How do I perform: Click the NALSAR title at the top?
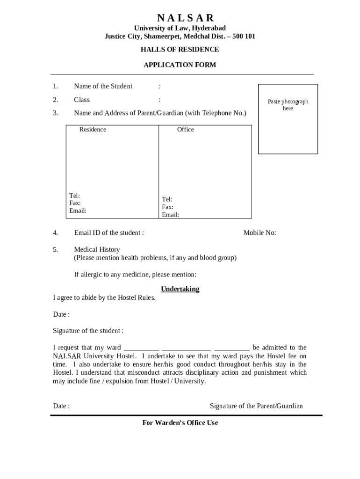click(x=186, y=18)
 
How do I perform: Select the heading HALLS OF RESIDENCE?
click(x=180, y=50)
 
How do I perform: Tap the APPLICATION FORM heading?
click(x=180, y=65)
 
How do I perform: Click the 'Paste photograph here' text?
click(x=288, y=105)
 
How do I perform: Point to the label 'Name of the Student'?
click(x=103, y=86)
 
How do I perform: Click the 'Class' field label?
click(x=82, y=100)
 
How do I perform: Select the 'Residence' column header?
click(x=93, y=130)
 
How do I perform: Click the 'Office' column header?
click(x=185, y=130)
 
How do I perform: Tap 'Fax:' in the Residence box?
click(x=75, y=203)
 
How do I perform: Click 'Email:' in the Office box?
click(x=170, y=215)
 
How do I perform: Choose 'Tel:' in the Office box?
click(x=167, y=199)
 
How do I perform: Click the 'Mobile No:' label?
click(x=259, y=232)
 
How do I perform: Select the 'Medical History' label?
click(x=97, y=249)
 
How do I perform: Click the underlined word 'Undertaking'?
click(x=180, y=289)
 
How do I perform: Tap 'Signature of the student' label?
click(x=88, y=331)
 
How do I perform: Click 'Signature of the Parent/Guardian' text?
click(x=256, y=406)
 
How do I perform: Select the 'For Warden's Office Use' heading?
click(x=180, y=423)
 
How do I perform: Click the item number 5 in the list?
click(x=55, y=249)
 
